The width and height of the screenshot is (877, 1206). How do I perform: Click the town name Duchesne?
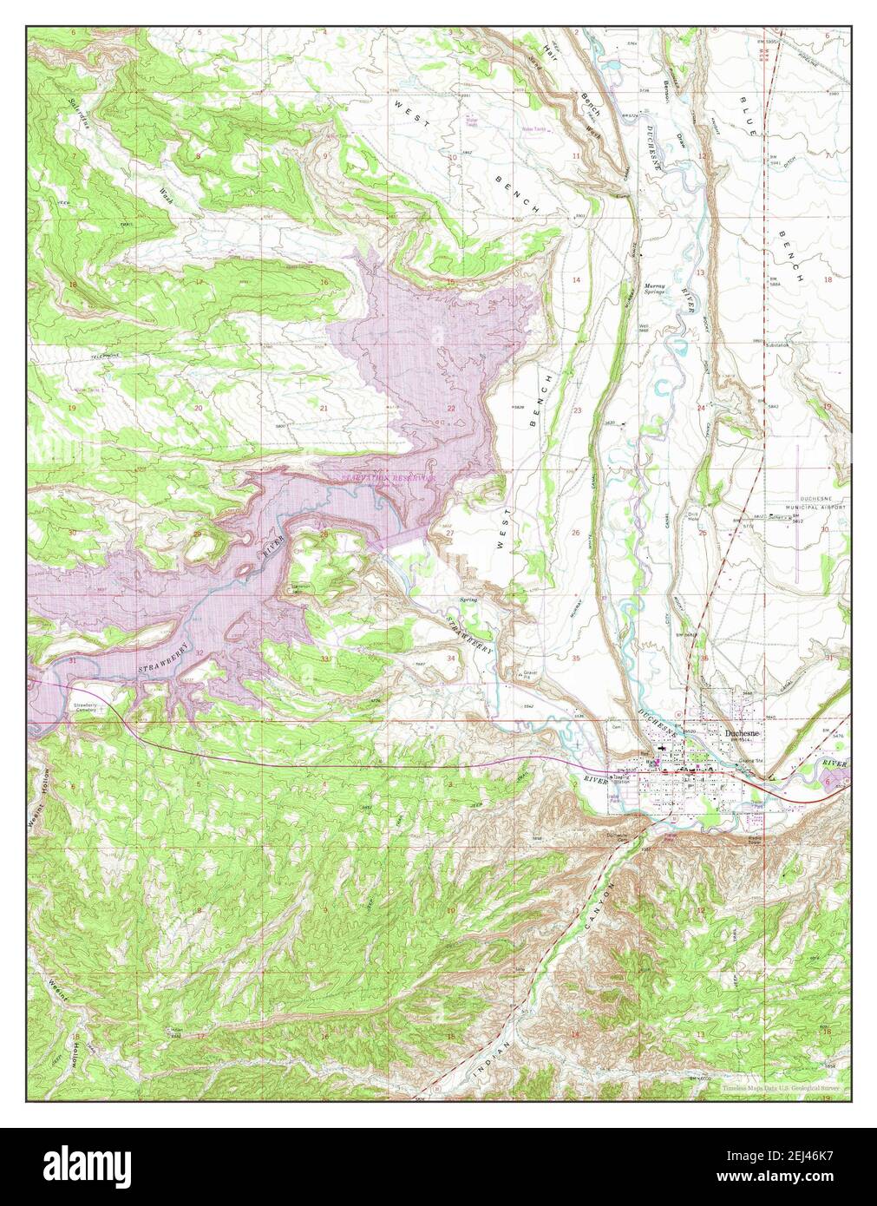click(745, 733)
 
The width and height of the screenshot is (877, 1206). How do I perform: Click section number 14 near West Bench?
click(576, 279)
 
